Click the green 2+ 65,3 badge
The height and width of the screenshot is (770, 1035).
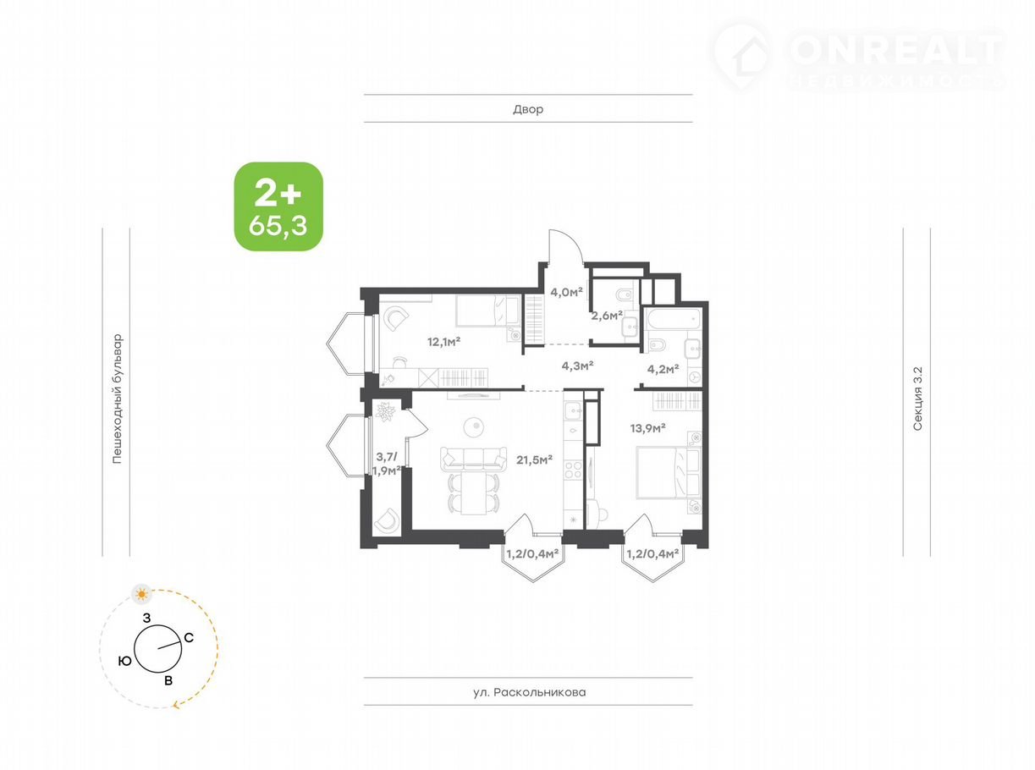(278, 206)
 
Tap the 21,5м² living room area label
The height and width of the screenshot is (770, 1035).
(534, 459)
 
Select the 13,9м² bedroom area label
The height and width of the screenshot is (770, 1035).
(647, 427)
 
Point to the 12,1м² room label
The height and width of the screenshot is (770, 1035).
(443, 342)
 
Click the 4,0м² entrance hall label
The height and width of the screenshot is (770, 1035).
(566, 292)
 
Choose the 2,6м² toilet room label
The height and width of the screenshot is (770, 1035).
(607, 316)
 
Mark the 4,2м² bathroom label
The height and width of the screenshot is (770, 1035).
(663, 369)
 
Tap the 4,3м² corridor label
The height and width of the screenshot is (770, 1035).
(577, 366)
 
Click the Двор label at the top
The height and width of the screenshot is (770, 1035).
(528, 109)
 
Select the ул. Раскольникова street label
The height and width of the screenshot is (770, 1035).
(529, 691)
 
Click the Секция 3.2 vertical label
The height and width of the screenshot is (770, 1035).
(917, 399)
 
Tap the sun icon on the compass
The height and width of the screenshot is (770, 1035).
(141, 595)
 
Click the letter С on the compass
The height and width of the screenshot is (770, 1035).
(189, 637)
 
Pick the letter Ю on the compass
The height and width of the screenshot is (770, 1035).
(124, 661)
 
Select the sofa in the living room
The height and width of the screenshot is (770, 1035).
(473, 459)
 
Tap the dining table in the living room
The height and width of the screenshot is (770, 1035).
(474, 493)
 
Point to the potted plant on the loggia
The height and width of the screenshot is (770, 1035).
(386, 411)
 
